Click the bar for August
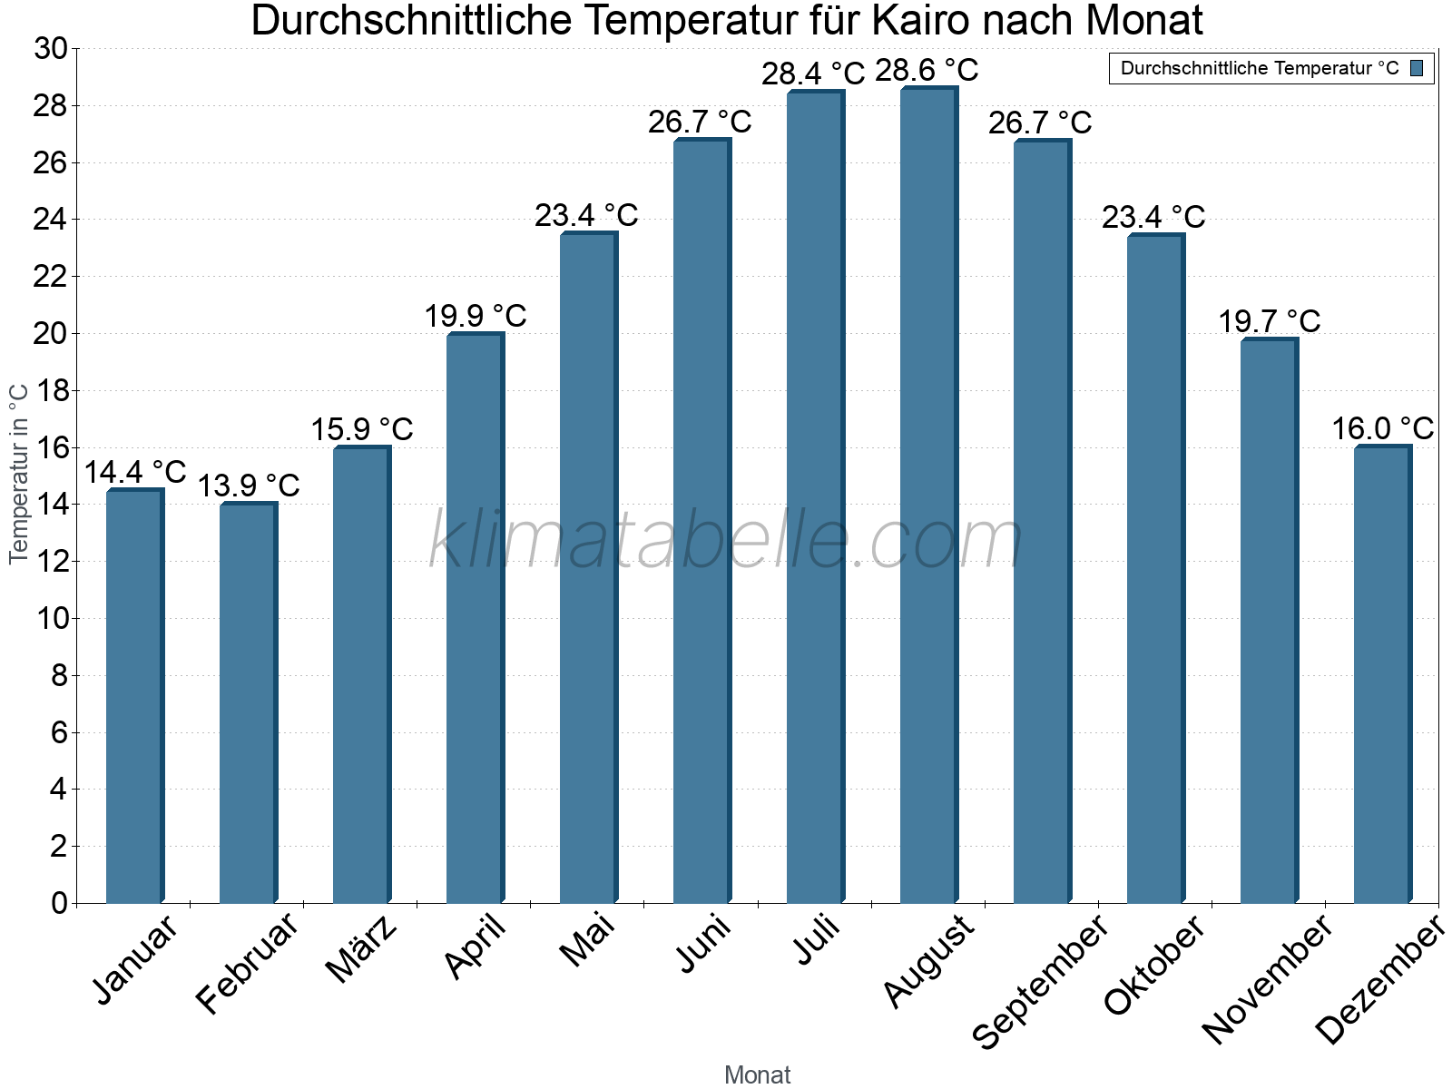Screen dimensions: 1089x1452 coord(928,495)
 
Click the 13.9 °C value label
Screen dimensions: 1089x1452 coord(249,486)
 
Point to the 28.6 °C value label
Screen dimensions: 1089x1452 coord(927,70)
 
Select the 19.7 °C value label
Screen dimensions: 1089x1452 coord(1269,321)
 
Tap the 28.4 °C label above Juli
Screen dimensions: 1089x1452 coord(813,74)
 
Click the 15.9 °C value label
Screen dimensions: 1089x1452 coord(362,429)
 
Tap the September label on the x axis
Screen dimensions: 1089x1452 coord(1040,980)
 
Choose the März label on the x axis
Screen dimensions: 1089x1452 coord(361,949)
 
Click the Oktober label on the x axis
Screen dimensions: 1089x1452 coord(1153,965)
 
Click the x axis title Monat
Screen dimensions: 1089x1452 coord(758,1074)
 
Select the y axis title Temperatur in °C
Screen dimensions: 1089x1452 coord(19,474)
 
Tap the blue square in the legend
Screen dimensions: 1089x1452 coord(1418,68)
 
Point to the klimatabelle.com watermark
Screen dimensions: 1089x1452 coord(726,541)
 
